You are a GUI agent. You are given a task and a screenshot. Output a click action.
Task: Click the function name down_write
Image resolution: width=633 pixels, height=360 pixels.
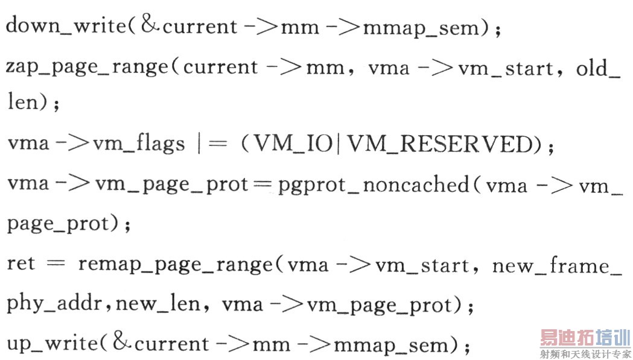point(66,26)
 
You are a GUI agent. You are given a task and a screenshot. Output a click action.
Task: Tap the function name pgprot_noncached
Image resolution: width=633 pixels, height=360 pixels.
point(374,186)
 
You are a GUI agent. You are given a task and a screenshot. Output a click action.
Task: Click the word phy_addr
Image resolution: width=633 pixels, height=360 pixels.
point(54,304)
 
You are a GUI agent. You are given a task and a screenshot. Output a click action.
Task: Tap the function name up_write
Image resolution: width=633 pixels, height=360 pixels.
point(52,344)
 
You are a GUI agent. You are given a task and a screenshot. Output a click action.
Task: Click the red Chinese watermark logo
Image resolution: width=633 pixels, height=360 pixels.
point(585,338)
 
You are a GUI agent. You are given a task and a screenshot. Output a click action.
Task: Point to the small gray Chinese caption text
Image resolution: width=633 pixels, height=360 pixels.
point(585,353)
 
